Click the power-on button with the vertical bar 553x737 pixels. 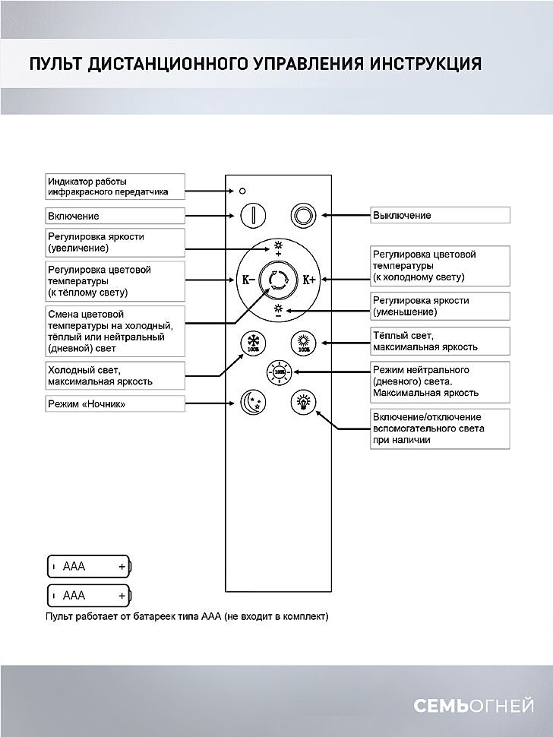tap(252, 215)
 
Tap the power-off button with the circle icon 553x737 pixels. tap(304, 215)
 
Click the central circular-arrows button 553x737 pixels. tap(277, 279)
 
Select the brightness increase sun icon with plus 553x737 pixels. tap(277, 247)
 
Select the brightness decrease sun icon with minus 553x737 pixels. tap(277, 311)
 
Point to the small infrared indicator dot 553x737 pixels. tap(242, 189)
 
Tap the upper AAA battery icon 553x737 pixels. tap(90, 566)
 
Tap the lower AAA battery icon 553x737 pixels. tap(90, 595)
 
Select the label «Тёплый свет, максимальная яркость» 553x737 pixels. tap(440, 341)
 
